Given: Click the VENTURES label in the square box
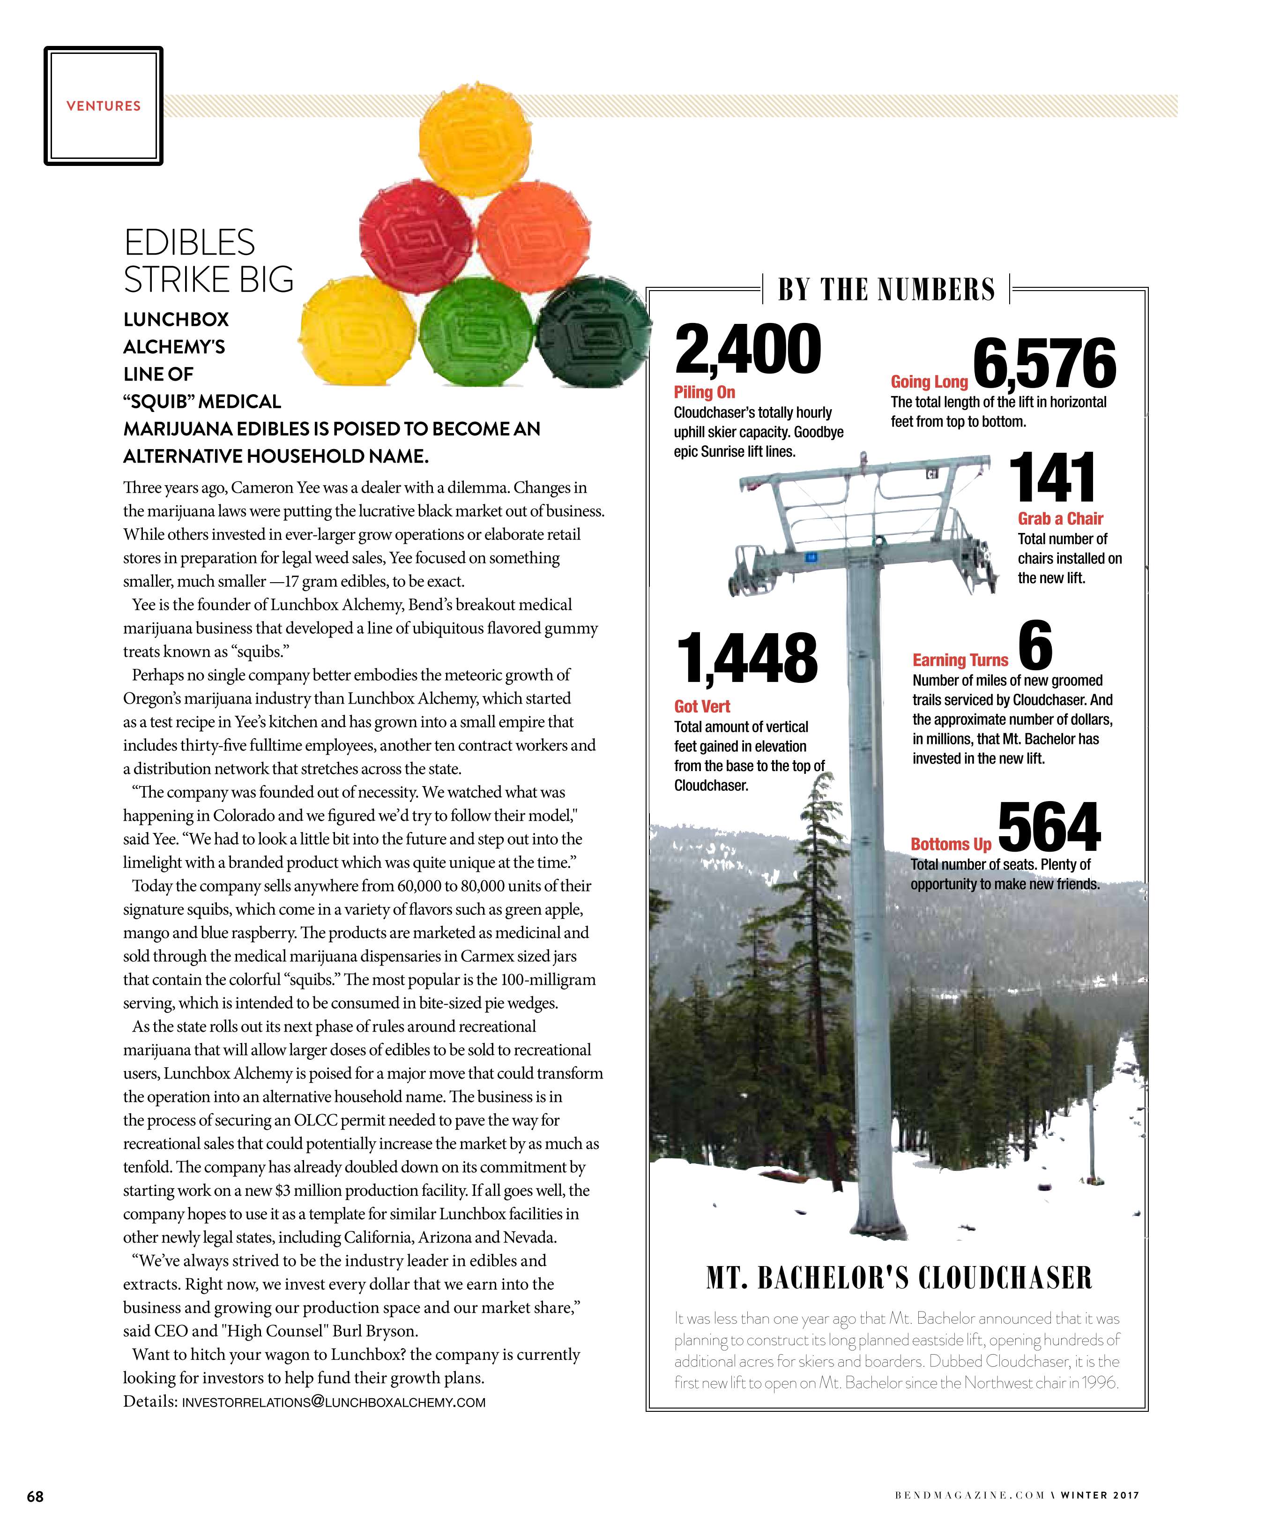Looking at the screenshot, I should click(x=104, y=105).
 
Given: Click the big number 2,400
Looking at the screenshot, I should click(x=748, y=350).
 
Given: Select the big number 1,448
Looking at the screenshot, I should click(x=747, y=658).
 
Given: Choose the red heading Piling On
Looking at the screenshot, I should click(x=704, y=392).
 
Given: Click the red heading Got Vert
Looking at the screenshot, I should click(x=702, y=706).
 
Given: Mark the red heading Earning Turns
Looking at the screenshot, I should click(x=960, y=660).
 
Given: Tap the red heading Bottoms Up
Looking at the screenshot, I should click(x=951, y=844).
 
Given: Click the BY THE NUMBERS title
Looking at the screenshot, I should click(x=886, y=289).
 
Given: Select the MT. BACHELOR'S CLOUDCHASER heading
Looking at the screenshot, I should click(x=899, y=1278).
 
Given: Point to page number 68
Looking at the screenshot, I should click(x=35, y=1496).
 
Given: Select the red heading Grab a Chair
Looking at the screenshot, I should click(x=1060, y=518).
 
